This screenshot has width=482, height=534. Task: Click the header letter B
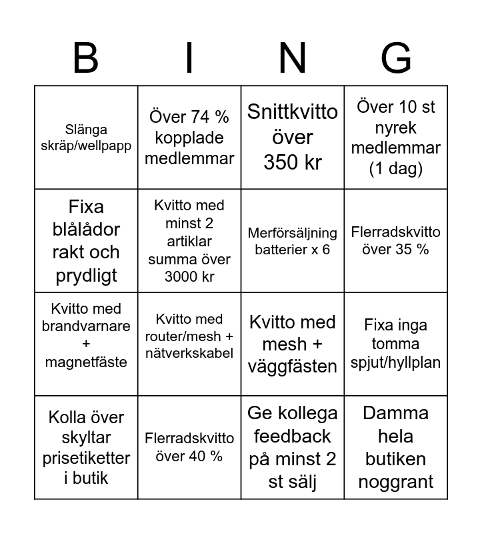tap(85, 59)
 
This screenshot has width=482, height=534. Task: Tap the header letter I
tap(189, 59)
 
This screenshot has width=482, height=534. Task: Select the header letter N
tap(293, 59)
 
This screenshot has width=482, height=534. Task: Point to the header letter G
tap(396, 59)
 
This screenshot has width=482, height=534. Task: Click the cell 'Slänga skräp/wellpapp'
tap(87, 138)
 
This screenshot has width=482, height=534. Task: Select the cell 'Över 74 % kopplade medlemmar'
tap(189, 138)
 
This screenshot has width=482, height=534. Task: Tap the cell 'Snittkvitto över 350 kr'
tap(293, 138)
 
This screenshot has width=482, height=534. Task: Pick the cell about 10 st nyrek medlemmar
tap(396, 138)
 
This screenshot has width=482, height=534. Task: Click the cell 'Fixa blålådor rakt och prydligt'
tap(87, 241)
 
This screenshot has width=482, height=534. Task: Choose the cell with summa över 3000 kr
tap(189, 241)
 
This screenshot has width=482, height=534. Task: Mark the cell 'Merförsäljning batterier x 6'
tap(293, 241)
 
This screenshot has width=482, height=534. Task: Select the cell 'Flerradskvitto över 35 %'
tap(396, 241)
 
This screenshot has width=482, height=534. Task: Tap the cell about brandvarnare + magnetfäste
tap(87, 344)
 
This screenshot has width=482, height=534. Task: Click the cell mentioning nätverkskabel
tap(189, 344)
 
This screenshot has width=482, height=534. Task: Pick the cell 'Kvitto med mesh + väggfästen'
tap(293, 344)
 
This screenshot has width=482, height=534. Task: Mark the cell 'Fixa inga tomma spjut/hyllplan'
tap(396, 344)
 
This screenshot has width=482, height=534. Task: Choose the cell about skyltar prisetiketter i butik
tap(87, 447)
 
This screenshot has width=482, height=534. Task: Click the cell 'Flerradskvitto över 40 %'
tap(189, 447)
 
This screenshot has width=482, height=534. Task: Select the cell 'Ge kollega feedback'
tap(293, 447)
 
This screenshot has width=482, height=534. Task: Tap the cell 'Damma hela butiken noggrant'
tap(396, 447)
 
